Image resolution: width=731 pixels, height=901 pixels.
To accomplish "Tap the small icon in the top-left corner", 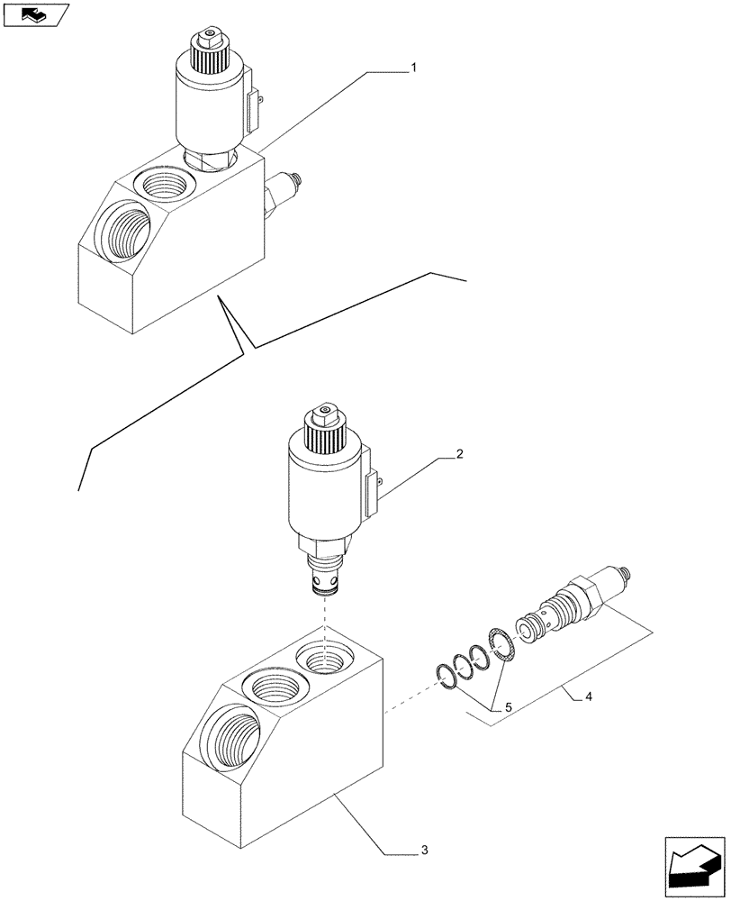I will pos(35,14).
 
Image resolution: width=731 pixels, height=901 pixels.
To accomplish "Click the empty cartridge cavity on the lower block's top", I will pos(325,661).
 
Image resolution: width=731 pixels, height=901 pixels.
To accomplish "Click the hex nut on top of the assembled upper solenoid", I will pos(209,38).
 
